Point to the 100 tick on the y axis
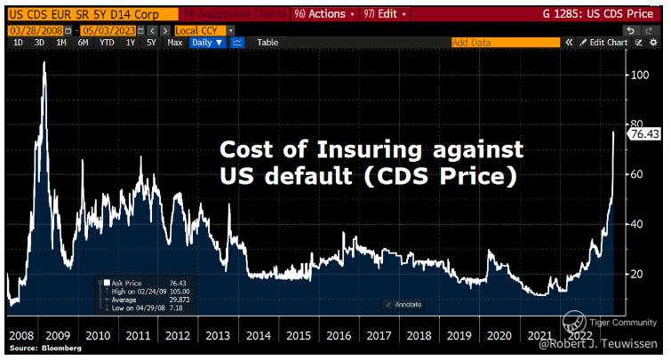[636, 75]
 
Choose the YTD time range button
[108, 42]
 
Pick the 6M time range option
[83, 42]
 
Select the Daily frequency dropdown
[207, 42]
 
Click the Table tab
[268, 42]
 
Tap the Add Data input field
[502, 42]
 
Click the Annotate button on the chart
[404, 305]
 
